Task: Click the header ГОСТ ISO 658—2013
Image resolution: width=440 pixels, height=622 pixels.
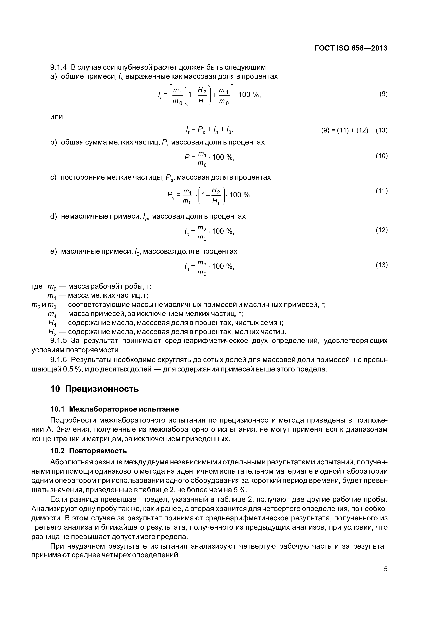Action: (351, 48)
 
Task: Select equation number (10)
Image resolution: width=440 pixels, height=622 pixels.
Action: (381, 156)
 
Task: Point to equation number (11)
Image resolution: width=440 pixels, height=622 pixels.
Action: (381, 191)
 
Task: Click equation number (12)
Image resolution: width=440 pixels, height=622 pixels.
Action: (381, 230)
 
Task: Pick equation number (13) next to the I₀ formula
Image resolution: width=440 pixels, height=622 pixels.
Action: (381, 265)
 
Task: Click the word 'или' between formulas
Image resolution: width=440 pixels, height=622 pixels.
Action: (57, 117)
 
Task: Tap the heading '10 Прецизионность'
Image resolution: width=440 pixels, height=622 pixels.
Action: (94, 389)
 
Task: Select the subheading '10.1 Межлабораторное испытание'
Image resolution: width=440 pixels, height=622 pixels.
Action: (114, 409)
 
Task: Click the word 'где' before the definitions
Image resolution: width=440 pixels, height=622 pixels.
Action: (37, 287)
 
